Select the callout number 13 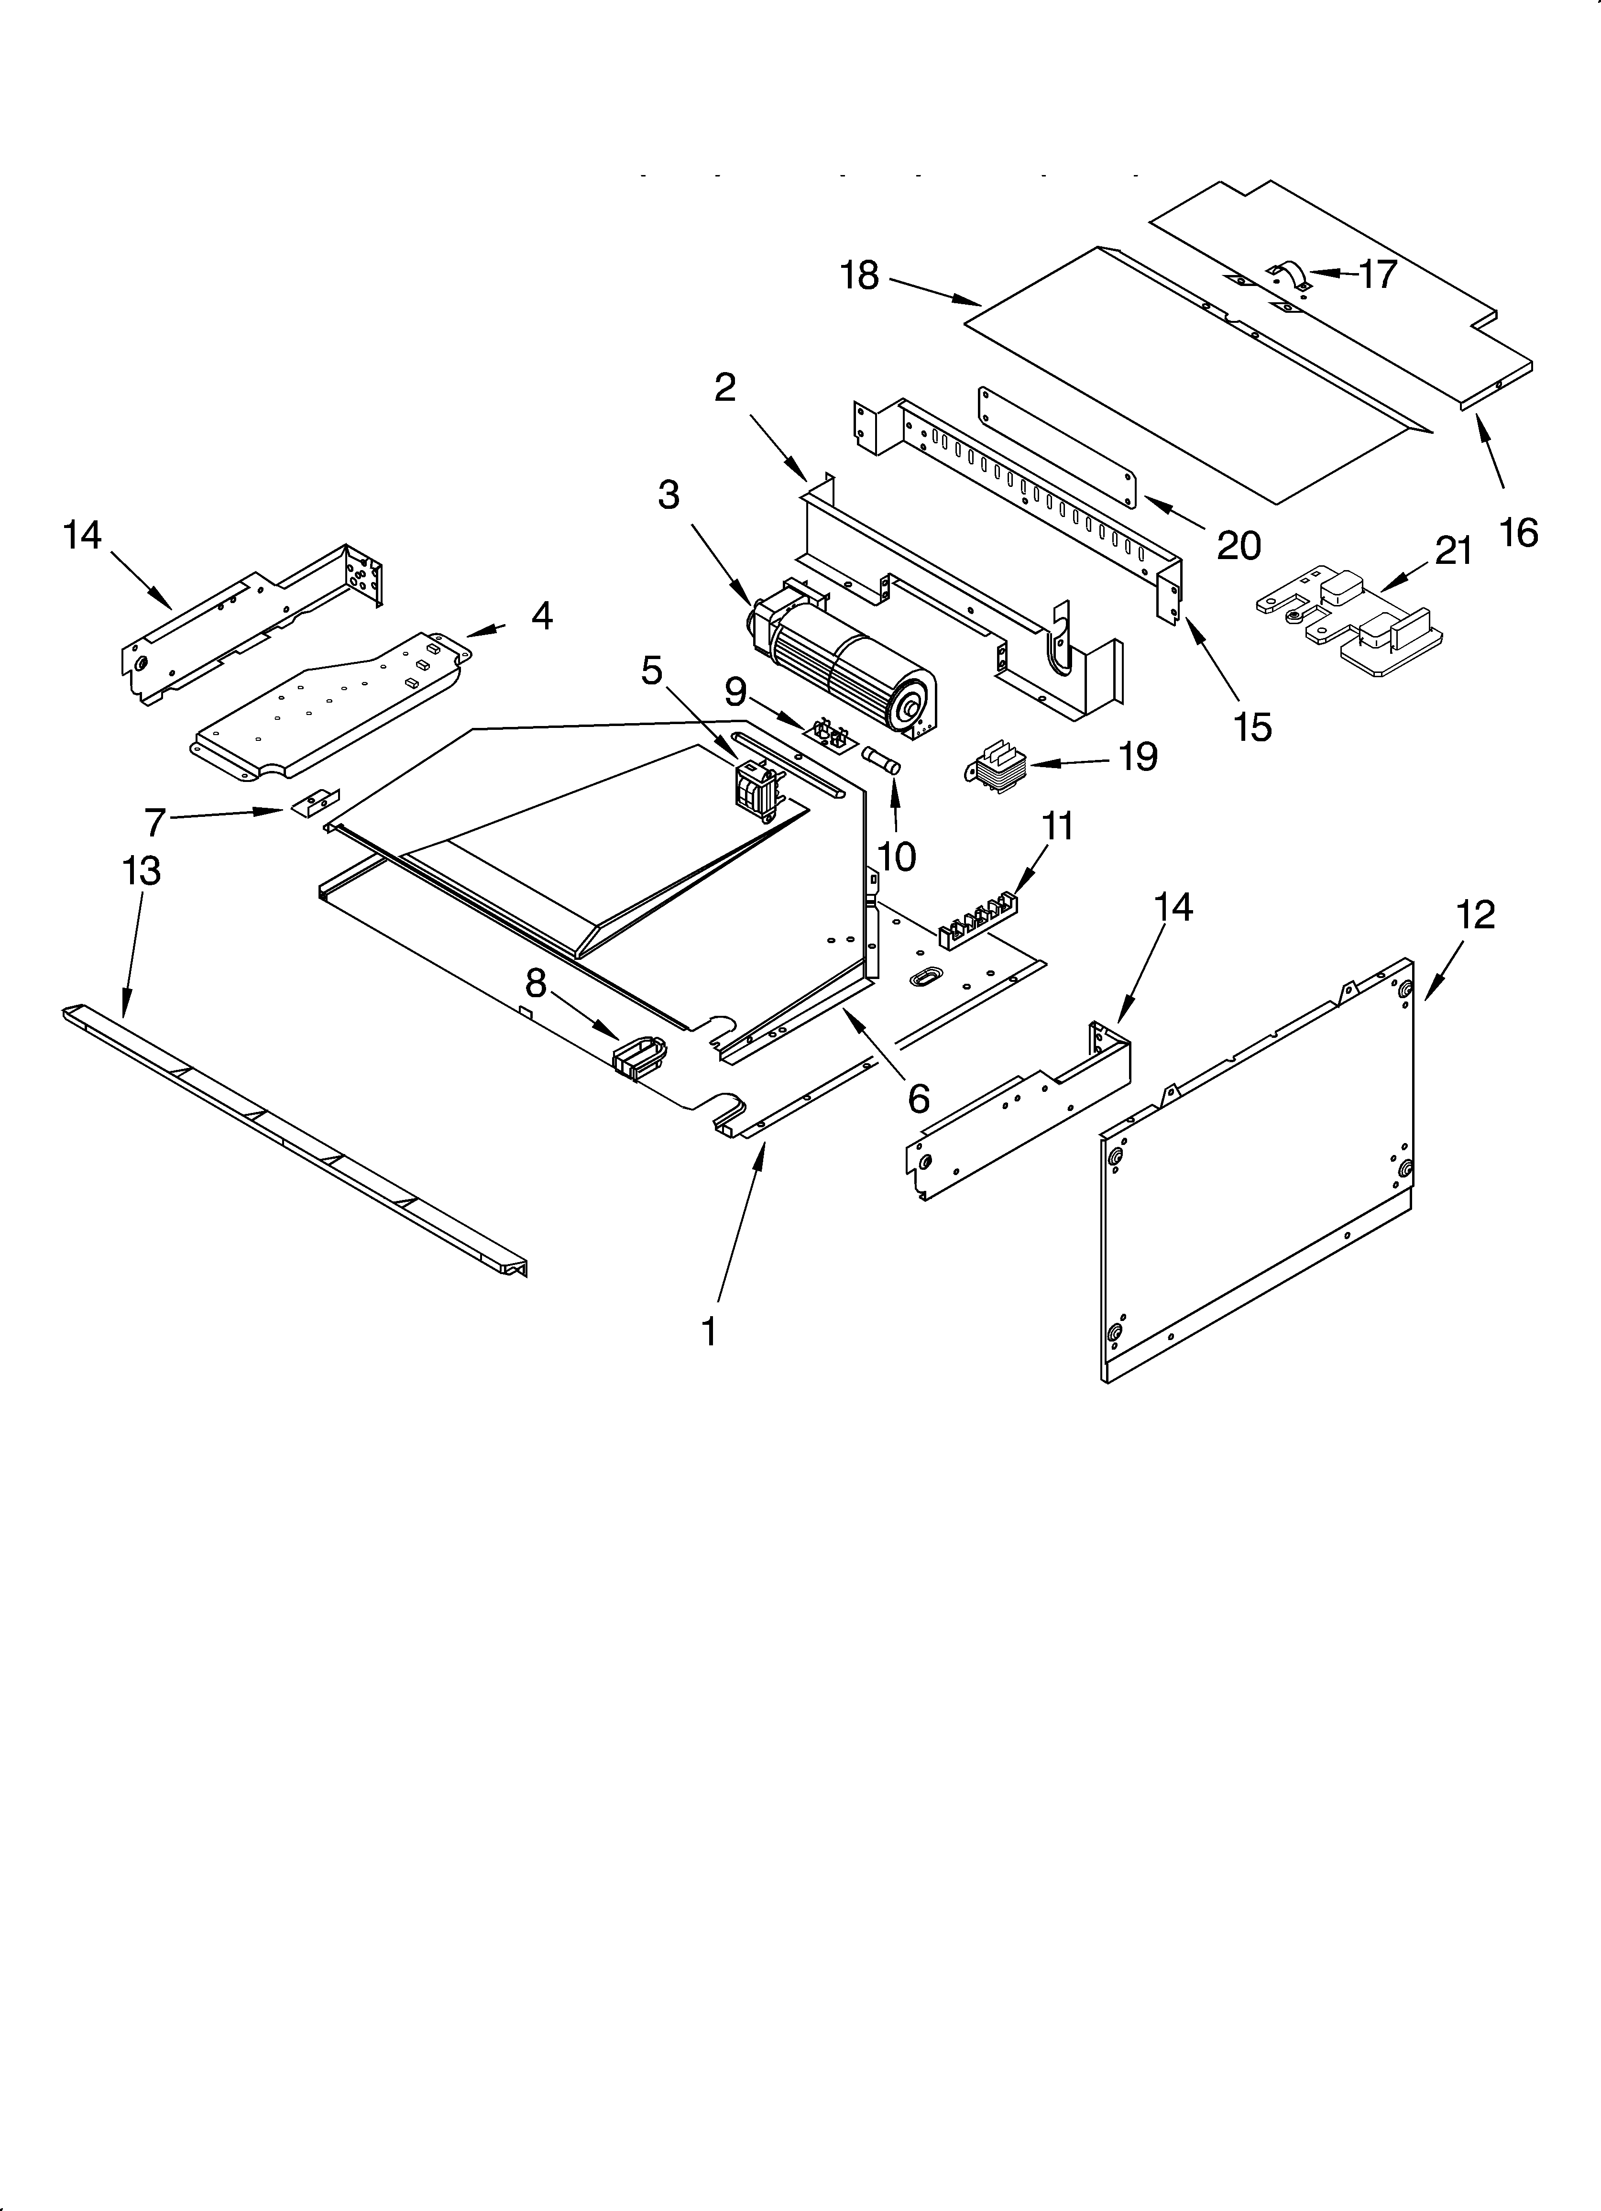(x=142, y=870)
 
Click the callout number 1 (x=709, y=1331)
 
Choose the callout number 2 (x=724, y=388)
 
